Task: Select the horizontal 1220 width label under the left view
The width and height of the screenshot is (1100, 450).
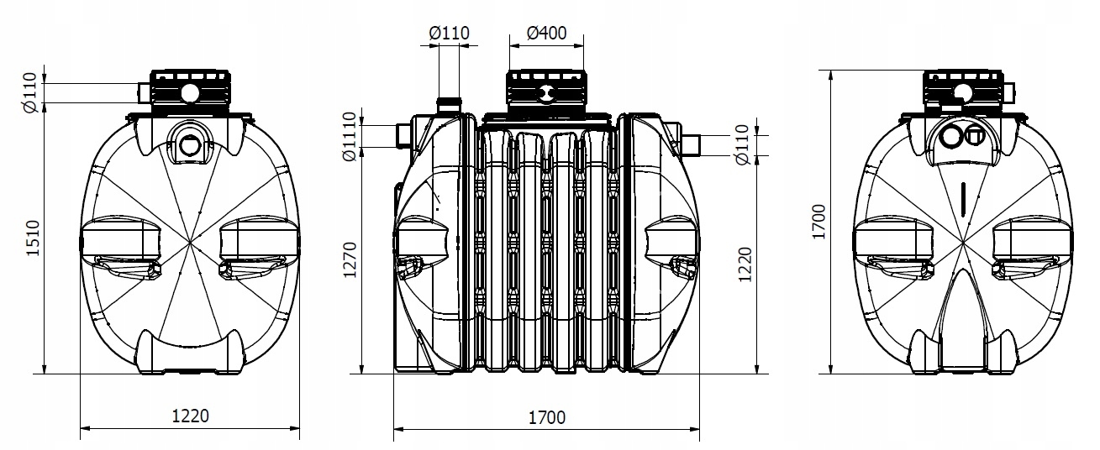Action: click(x=189, y=414)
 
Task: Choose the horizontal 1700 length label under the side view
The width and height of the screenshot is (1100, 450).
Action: click(x=546, y=416)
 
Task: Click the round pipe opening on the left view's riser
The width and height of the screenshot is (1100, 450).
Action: click(x=190, y=92)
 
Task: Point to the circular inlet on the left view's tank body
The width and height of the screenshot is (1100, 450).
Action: click(x=190, y=144)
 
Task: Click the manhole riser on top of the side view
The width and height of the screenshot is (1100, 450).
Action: click(x=545, y=90)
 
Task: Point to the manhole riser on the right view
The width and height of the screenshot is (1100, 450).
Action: click(x=963, y=91)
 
